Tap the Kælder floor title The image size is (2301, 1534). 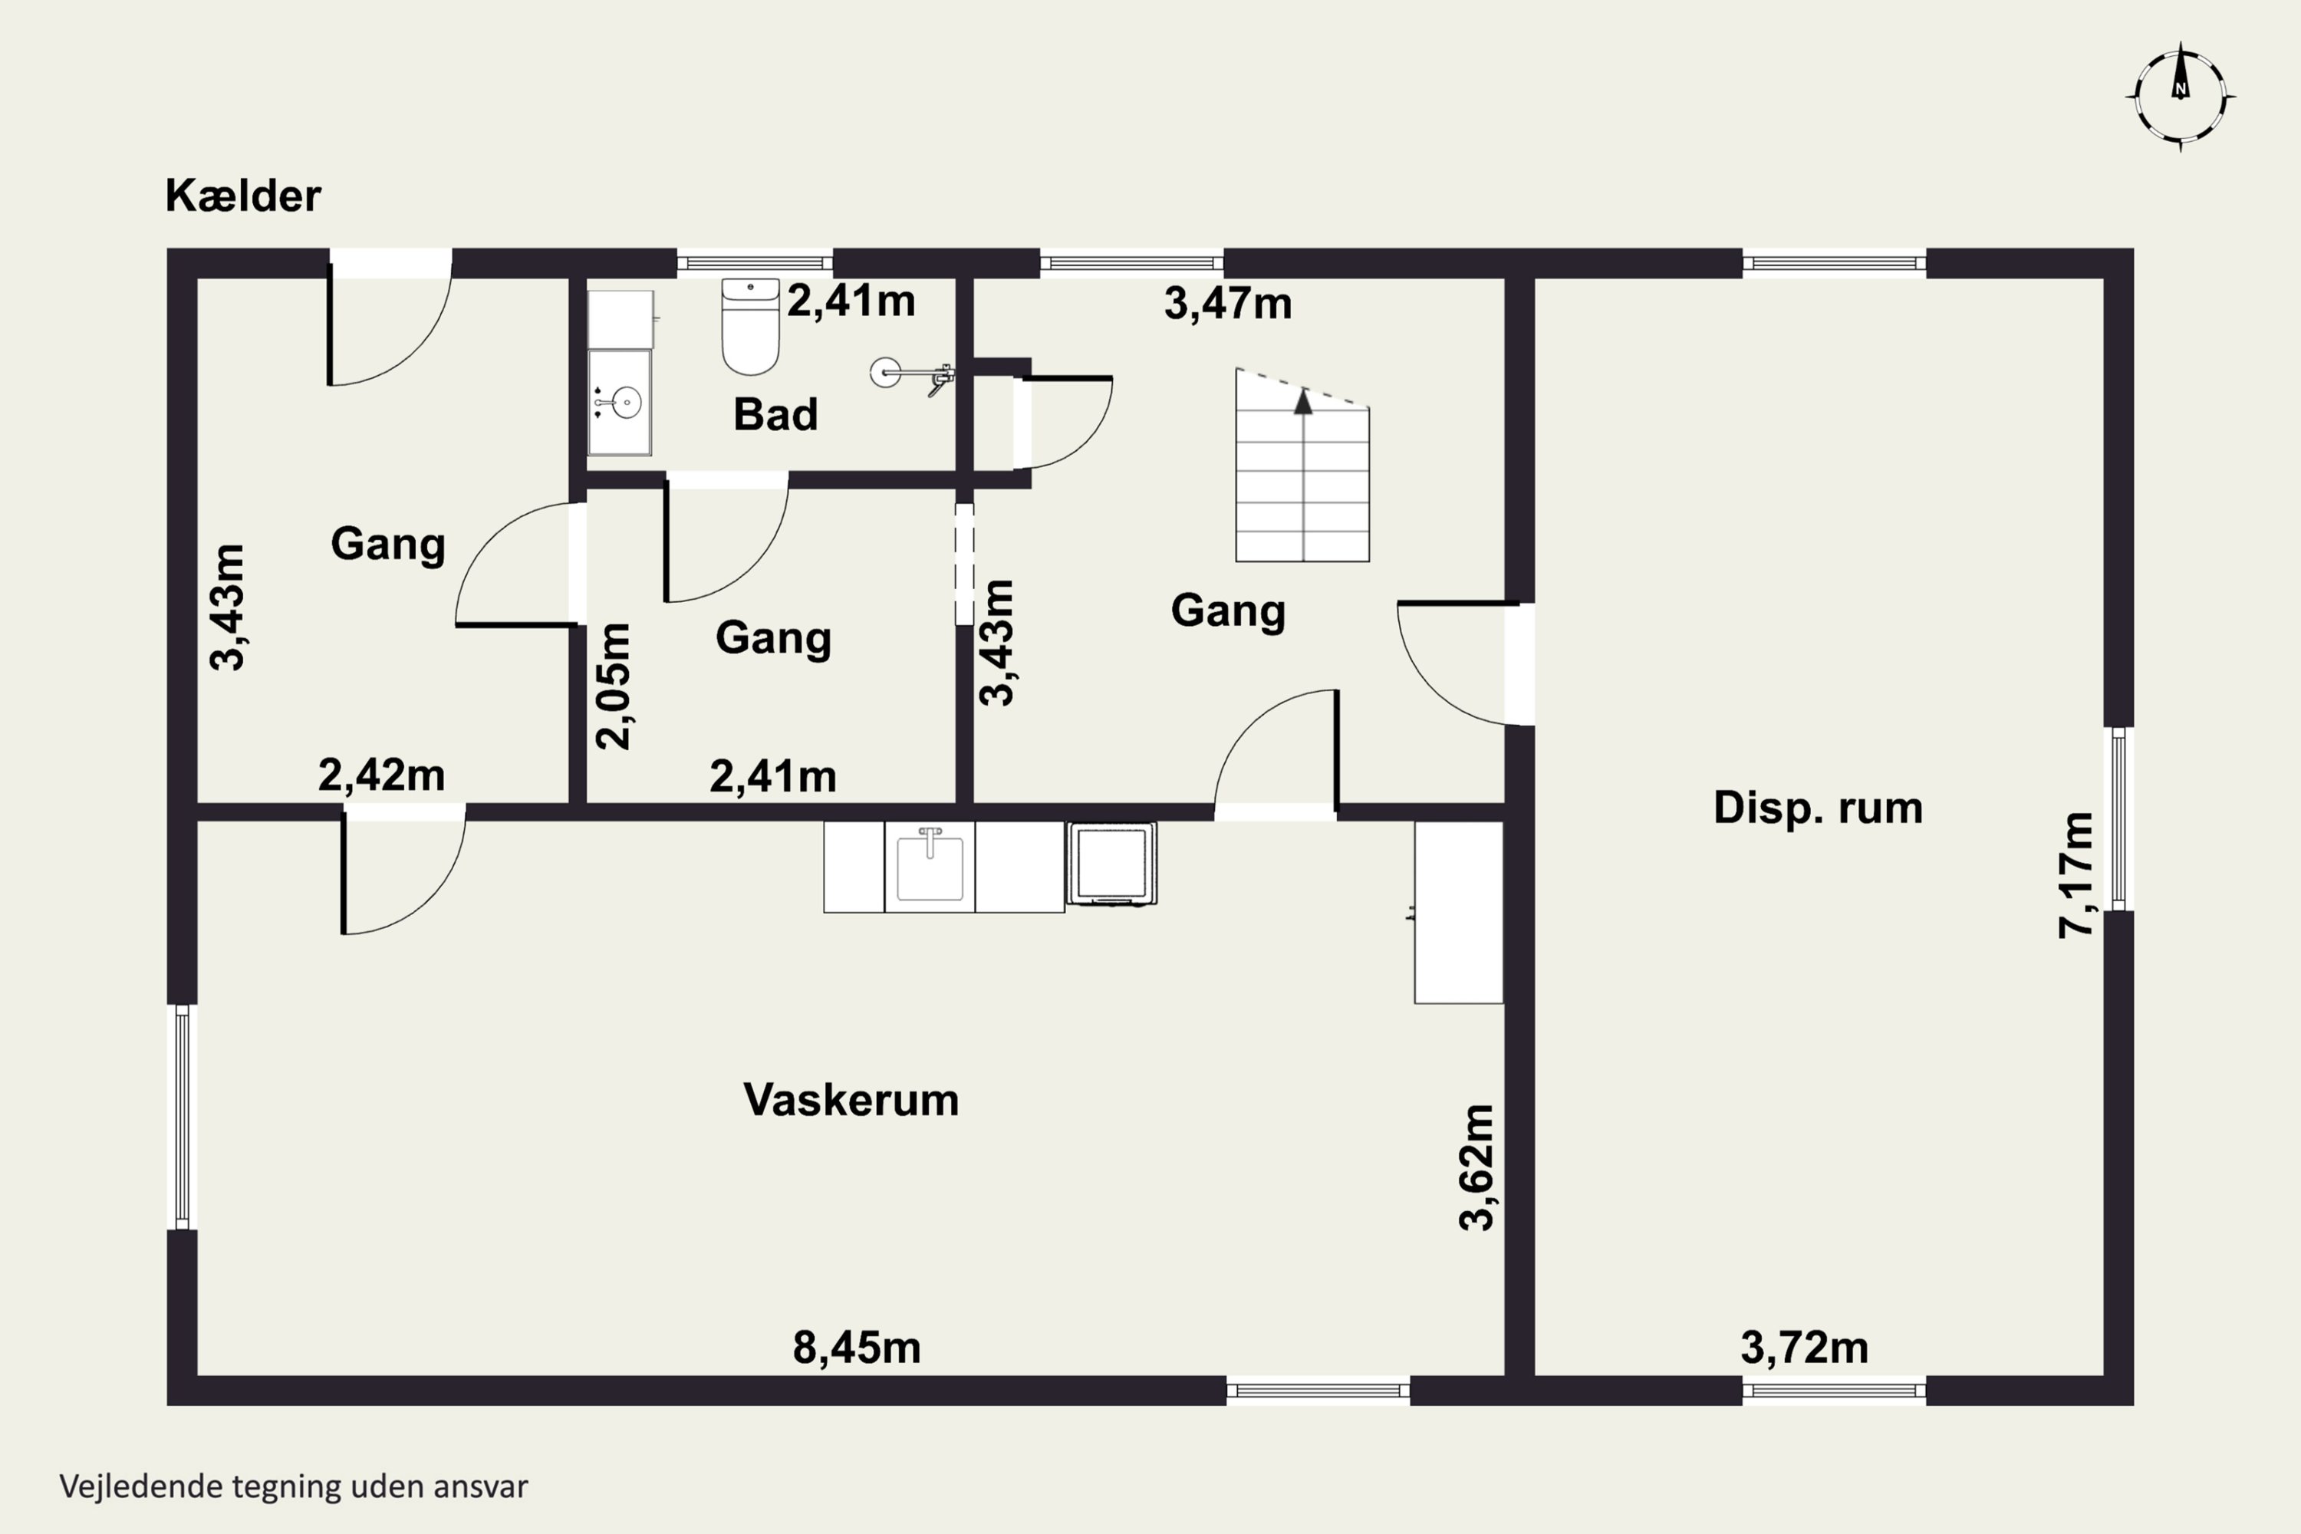pos(242,196)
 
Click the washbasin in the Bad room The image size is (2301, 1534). pos(619,402)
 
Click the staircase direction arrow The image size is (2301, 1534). pos(1302,402)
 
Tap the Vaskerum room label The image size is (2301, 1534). pos(851,1100)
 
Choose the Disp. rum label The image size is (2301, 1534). pos(1819,808)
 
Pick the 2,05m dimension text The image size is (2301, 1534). pos(614,686)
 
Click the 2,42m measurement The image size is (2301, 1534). pos(381,775)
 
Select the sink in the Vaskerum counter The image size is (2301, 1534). pos(930,867)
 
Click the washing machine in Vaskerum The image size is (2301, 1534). pos(1111,863)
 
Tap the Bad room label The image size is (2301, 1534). pos(775,415)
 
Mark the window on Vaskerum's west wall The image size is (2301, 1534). pos(182,1116)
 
